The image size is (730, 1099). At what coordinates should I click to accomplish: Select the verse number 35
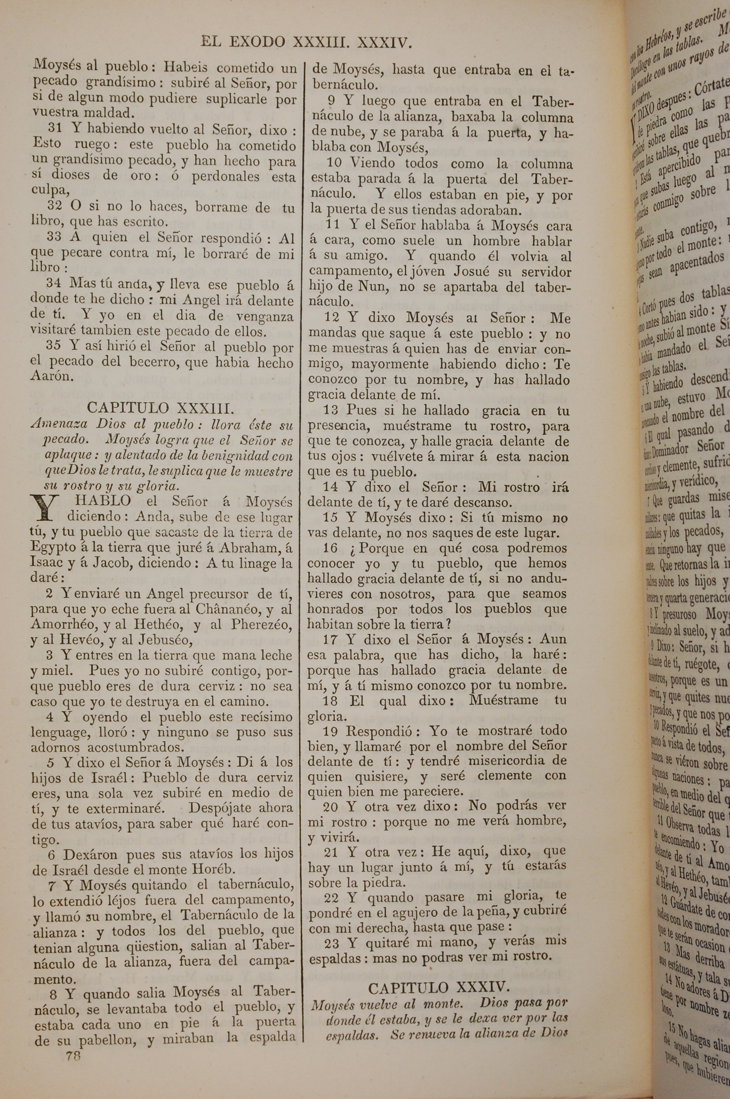(54, 345)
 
